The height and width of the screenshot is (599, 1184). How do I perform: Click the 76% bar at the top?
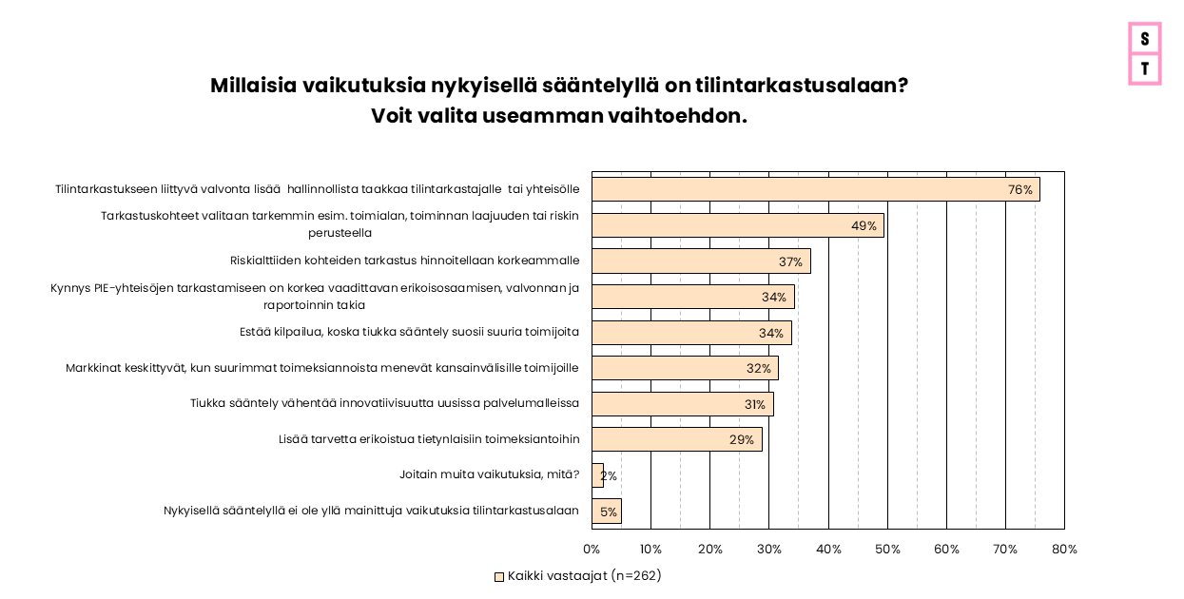(815, 189)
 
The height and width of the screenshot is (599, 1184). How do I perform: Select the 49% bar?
(737, 225)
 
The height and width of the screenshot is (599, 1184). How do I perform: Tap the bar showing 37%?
(701, 261)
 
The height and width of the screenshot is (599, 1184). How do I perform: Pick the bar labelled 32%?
(685, 368)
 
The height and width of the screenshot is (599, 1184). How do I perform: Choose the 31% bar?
(682, 404)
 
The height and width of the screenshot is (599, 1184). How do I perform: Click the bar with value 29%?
(676, 439)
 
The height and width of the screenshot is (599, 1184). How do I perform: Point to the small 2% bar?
(597, 475)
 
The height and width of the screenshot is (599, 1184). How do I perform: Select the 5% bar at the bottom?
(607, 512)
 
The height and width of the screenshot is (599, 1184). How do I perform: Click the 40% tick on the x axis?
(828, 550)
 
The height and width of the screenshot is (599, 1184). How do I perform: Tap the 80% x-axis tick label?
(1064, 550)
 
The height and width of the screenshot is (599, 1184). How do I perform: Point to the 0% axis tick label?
(592, 550)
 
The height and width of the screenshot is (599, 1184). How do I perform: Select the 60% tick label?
(946, 550)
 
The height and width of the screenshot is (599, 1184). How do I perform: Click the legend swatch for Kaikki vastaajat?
(499, 576)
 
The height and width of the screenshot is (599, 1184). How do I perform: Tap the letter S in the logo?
(1145, 39)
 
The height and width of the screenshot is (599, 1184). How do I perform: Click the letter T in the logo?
(1145, 68)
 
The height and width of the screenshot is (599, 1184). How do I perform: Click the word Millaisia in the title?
(252, 86)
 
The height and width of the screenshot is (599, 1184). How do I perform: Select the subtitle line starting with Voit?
(559, 116)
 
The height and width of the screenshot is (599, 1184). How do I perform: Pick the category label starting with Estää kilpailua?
(409, 333)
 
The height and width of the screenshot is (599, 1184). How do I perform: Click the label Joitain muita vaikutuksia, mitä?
(489, 474)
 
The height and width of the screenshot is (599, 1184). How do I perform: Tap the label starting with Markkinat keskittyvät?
(322, 368)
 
